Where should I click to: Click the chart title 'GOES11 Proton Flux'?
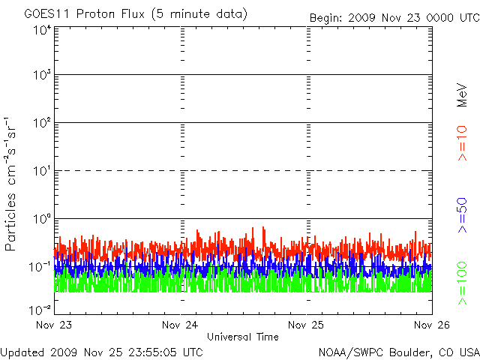pyautogui.click(x=84, y=14)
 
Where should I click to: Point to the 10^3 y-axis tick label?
pyautogui.click(x=42, y=75)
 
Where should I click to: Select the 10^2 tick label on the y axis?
pyautogui.click(x=42, y=123)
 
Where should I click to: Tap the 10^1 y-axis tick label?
pyautogui.click(x=42, y=171)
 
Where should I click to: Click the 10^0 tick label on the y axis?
pyautogui.click(x=42, y=219)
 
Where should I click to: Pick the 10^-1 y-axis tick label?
pyautogui.click(x=40, y=267)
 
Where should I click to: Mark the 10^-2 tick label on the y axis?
pyautogui.click(x=40, y=310)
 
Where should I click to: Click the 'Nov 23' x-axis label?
pyautogui.click(x=54, y=325)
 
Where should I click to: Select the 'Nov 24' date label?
pyautogui.click(x=180, y=325)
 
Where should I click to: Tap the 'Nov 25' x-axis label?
pyautogui.click(x=306, y=325)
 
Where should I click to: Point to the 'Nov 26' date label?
pyautogui.click(x=432, y=325)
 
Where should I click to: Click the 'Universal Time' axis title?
pyautogui.click(x=243, y=337)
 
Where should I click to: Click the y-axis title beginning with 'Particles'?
pyautogui.click(x=10, y=184)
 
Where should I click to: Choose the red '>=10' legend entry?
pyautogui.click(x=462, y=143)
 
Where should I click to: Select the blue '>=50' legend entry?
pyautogui.click(x=462, y=215)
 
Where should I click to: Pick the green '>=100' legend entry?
pyautogui.click(x=462, y=283)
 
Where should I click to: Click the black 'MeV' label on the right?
pyautogui.click(x=462, y=95)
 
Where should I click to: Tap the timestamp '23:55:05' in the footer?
pyautogui.click(x=152, y=352)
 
